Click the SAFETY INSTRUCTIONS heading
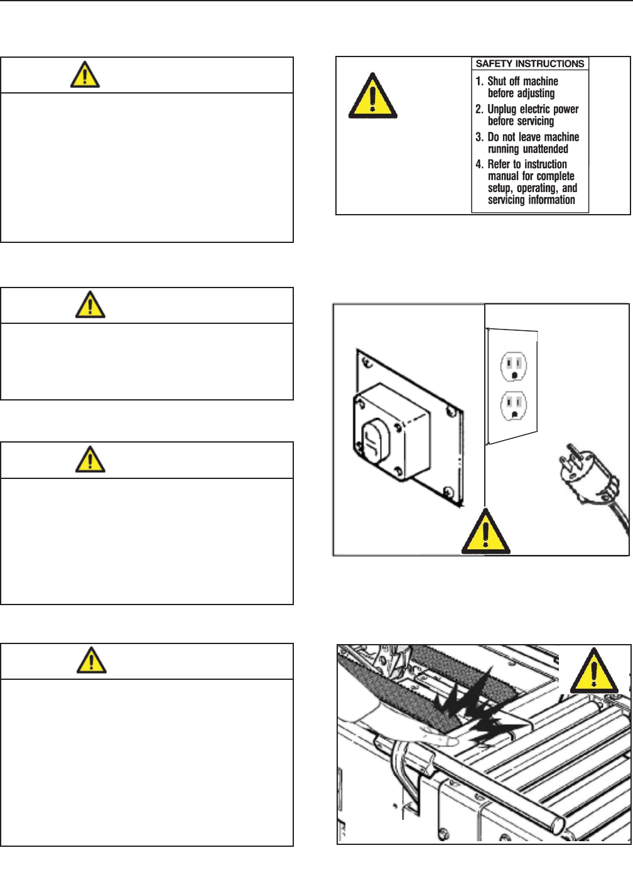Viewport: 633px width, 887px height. click(530, 63)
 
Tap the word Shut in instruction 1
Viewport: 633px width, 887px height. click(497, 81)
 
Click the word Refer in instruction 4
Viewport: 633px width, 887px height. click(499, 164)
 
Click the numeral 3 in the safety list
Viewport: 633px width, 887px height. click(479, 137)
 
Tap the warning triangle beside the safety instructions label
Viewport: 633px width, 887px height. click(372, 97)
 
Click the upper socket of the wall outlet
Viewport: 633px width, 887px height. click(513, 366)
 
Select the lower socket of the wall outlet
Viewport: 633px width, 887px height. click(513, 406)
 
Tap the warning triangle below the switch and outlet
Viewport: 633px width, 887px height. click(485, 533)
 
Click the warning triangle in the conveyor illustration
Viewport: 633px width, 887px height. click(593, 672)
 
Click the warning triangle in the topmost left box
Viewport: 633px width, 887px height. click(84, 75)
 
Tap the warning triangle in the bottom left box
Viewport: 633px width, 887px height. click(91, 660)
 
